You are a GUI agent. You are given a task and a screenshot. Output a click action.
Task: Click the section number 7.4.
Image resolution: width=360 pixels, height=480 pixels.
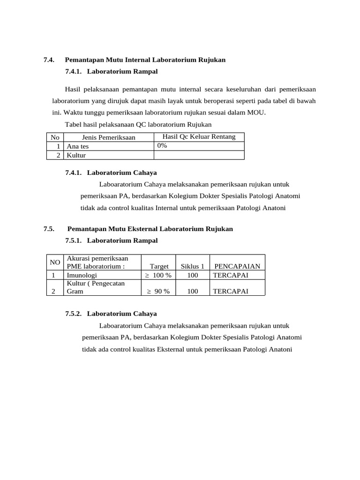tap(49, 60)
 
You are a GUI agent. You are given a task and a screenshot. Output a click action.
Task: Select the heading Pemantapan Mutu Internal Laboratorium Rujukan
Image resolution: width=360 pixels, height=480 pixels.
tap(145, 60)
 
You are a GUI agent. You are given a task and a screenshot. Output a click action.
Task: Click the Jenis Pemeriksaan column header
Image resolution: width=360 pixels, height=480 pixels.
tap(108, 137)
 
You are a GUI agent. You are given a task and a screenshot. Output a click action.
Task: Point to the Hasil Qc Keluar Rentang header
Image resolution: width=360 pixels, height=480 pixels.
tap(199, 137)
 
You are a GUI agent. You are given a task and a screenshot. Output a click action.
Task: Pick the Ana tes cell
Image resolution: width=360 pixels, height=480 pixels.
tap(77, 146)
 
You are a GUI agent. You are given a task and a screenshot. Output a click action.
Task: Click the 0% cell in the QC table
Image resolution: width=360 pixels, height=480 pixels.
tap(162, 146)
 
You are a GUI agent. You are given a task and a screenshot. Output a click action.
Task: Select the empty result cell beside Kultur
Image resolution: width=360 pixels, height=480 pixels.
tap(199, 155)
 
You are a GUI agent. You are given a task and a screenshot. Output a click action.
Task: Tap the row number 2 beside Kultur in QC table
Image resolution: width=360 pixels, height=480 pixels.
tap(59, 155)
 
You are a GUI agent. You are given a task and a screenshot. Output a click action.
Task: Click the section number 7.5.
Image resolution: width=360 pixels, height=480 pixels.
tap(49, 229)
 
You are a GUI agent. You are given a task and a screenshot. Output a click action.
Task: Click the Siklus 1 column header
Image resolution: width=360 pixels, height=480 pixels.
tap(192, 266)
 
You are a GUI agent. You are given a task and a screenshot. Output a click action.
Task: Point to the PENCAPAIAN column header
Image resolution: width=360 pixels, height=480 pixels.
tap(237, 266)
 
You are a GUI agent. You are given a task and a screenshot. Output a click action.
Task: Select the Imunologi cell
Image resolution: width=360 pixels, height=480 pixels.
tap(82, 275)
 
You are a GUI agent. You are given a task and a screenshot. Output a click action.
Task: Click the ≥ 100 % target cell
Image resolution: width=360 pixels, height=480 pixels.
tap(157, 275)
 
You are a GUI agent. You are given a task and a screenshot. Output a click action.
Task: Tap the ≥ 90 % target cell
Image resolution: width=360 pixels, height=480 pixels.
tap(157, 291)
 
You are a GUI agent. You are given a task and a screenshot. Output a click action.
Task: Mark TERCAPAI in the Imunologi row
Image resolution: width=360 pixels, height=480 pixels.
tap(230, 275)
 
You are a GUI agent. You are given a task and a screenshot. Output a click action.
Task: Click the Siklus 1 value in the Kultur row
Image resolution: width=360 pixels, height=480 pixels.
tap(192, 291)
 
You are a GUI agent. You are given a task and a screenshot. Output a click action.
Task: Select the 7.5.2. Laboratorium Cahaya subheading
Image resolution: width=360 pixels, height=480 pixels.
tap(111, 314)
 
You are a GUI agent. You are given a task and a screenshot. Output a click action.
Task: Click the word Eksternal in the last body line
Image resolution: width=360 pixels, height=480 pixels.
tap(172, 350)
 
